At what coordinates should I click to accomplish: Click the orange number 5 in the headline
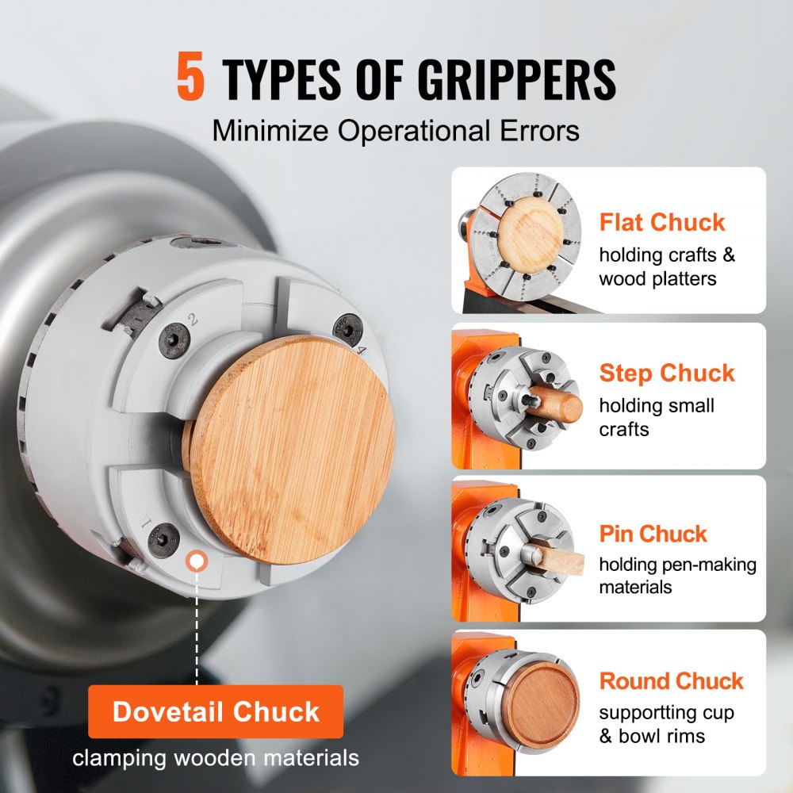[191, 79]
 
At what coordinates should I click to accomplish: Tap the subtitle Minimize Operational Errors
[396, 131]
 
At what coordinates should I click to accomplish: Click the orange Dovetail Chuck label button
[216, 711]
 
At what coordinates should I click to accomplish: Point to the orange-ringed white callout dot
[196, 562]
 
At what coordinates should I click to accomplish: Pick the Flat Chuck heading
[662, 222]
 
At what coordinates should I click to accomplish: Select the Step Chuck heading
[667, 373]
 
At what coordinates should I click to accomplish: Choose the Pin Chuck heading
[653, 534]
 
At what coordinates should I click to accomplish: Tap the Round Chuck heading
[671, 680]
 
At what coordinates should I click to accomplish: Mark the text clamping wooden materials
[216, 758]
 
